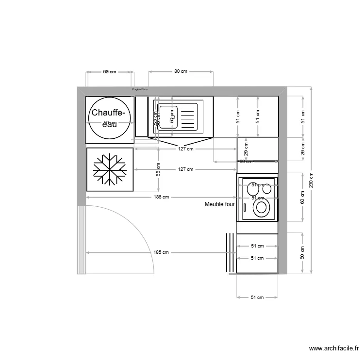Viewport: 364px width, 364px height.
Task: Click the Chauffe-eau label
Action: [x=109, y=113]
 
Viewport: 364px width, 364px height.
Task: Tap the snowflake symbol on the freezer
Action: [x=110, y=169]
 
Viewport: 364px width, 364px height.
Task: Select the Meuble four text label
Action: [x=219, y=204]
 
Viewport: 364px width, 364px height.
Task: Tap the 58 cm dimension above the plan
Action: [x=110, y=72]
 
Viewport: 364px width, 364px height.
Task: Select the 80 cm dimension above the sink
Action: [x=181, y=71]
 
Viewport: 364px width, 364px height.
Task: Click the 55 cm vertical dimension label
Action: [x=158, y=169]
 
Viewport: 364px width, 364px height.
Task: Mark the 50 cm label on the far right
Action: [x=302, y=252]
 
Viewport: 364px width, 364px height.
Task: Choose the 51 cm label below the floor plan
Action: [x=257, y=297]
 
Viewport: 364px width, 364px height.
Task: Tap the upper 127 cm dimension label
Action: [x=185, y=149]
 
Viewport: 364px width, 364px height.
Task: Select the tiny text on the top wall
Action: [x=140, y=89]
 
